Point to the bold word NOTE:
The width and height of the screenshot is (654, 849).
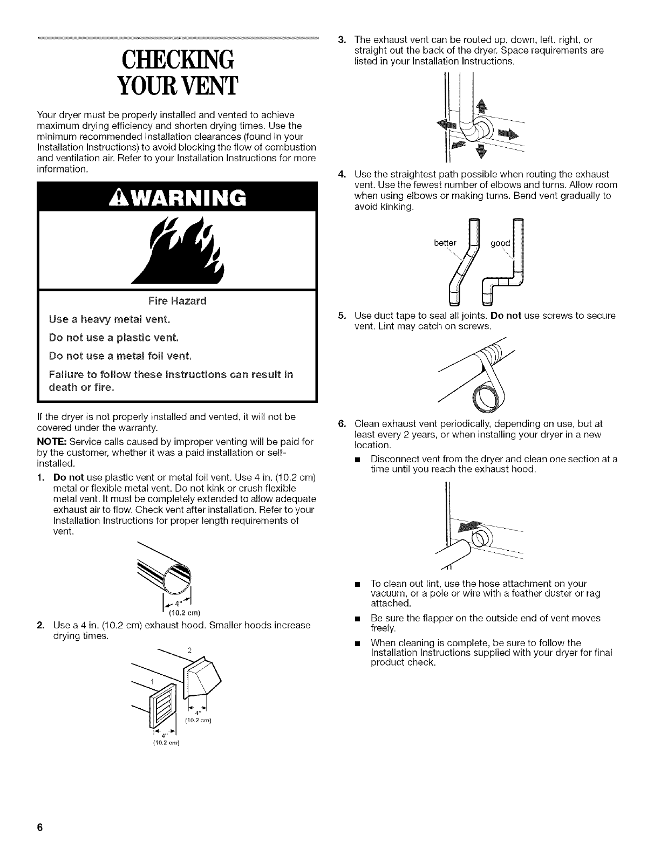pyautogui.click(x=38, y=442)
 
